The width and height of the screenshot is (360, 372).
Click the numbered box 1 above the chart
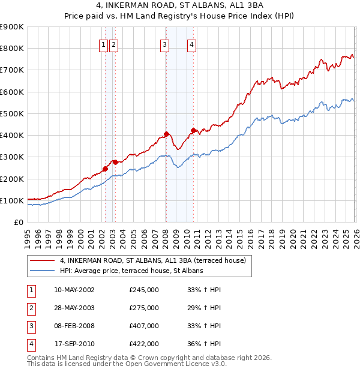coord(104,44)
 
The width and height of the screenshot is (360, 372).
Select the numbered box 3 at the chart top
coord(164,44)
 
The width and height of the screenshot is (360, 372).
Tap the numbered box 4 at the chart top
coord(191,44)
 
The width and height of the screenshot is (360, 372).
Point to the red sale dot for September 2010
coord(193,130)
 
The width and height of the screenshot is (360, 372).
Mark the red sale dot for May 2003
coord(115,162)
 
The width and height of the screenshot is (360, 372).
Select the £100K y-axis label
coord(12,200)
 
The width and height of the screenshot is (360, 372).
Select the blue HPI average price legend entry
coord(131,271)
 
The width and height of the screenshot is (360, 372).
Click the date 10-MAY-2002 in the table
coord(74,290)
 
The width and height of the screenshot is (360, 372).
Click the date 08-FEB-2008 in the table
coord(74,326)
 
